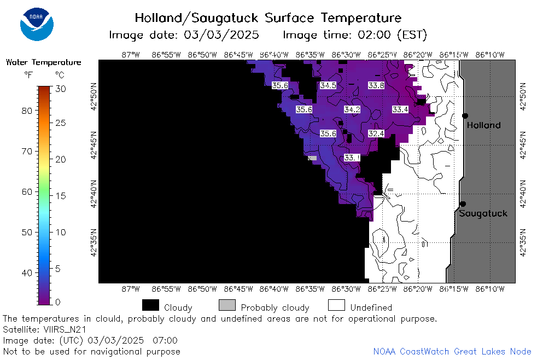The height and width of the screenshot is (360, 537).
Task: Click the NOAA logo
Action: coord(37,24)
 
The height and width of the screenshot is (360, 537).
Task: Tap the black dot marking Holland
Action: coord(465,116)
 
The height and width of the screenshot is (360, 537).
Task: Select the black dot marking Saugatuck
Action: coord(463,204)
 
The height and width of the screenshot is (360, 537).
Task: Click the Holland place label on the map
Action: coord(483,125)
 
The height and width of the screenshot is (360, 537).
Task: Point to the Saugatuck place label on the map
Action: coord(483,213)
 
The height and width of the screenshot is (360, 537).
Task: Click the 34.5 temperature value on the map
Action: coord(328,85)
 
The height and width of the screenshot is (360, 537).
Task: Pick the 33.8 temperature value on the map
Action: coord(376,85)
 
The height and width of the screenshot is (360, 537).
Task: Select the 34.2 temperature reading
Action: coord(352,109)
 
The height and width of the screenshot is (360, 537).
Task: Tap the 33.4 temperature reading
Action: coord(400,109)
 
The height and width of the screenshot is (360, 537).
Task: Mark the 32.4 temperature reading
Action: coord(376,133)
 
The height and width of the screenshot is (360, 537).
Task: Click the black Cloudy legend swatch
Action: coord(150,305)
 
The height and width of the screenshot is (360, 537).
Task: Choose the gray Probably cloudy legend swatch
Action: coord(227,305)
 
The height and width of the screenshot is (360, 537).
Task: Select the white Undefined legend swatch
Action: coord(336,305)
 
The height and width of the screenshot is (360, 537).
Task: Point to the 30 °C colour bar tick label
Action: coord(61,89)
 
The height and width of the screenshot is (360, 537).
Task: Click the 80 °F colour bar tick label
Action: coord(27,111)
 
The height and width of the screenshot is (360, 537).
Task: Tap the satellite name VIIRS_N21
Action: coord(65,329)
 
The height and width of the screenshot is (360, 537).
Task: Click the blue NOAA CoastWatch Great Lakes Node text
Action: coord(452,351)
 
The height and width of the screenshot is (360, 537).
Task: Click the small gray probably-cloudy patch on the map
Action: coord(312,158)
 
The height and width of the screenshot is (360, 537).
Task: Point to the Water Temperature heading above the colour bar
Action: coord(44,62)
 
